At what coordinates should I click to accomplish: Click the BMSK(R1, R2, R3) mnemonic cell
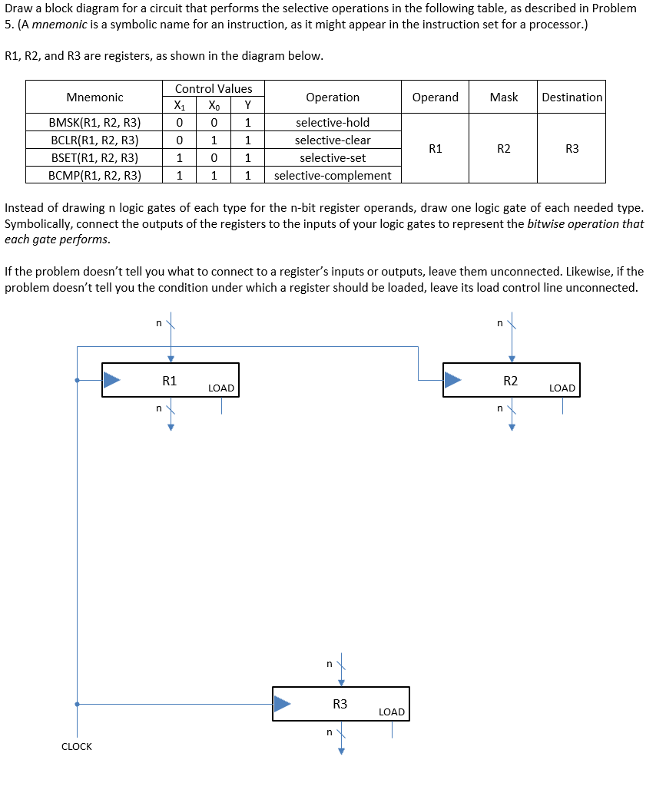coord(94,123)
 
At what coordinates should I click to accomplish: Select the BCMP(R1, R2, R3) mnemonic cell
coord(94,176)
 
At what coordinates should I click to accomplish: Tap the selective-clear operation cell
coord(333,140)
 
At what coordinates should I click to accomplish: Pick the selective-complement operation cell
coord(333,176)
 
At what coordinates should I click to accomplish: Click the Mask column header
coord(503,97)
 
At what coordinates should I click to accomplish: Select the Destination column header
coord(572,97)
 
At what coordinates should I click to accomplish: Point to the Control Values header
coord(214,89)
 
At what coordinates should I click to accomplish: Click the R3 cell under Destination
coord(572,149)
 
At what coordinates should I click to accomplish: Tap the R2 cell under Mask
coord(503,149)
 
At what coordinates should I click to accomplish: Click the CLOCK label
coord(76,747)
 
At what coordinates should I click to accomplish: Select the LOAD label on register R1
coord(221,388)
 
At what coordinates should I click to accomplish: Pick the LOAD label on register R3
coord(392,712)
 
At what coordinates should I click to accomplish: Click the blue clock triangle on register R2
coord(452,379)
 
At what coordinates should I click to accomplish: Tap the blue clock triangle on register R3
coord(282,703)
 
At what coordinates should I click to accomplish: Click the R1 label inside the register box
coord(170,380)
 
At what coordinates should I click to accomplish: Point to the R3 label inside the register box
coord(340,704)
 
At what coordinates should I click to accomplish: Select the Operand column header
coord(435,97)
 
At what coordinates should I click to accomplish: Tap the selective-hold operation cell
coord(333,123)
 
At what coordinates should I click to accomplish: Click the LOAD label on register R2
coord(562,388)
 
